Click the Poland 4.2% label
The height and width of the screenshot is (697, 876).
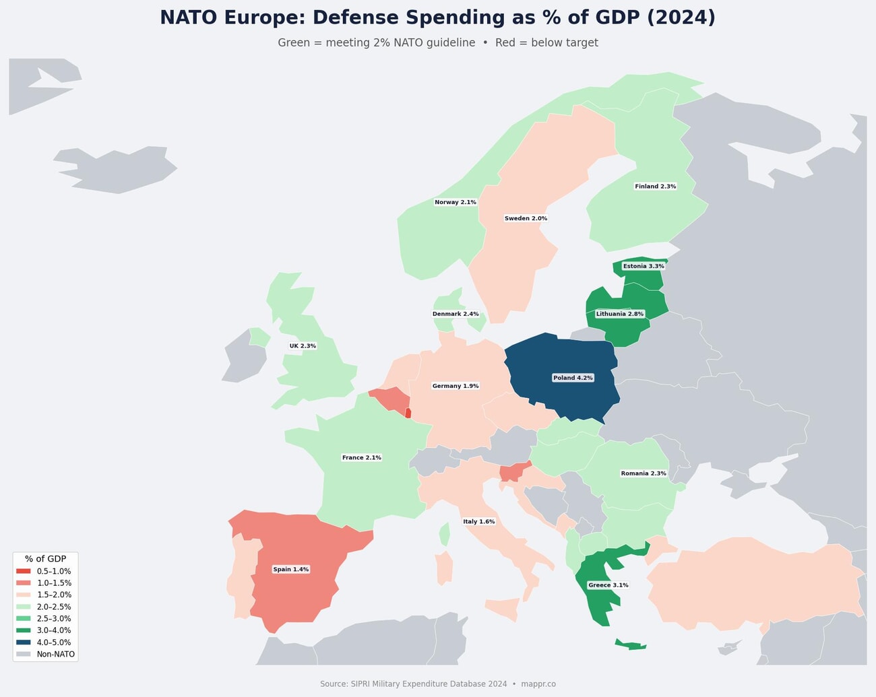(x=573, y=378)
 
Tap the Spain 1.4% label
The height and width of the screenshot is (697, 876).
(x=290, y=570)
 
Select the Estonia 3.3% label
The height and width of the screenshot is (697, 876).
(x=644, y=266)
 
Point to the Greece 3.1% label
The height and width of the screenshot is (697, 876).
(x=608, y=585)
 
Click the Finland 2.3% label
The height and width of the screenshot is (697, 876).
(x=655, y=187)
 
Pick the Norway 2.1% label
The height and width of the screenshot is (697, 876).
(x=456, y=202)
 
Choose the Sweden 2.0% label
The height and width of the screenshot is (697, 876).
(x=526, y=218)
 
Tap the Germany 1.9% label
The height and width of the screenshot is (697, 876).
(x=456, y=386)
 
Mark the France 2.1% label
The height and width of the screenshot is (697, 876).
(x=362, y=458)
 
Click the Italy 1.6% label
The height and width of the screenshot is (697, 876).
(x=479, y=522)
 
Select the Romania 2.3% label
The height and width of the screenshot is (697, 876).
(x=644, y=473)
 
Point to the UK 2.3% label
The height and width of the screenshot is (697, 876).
(x=303, y=346)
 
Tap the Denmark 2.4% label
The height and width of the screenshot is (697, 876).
(x=456, y=314)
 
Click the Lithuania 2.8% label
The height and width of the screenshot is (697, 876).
(x=620, y=314)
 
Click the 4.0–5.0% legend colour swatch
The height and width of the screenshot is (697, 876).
(x=24, y=642)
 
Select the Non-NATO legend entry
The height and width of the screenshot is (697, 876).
(x=55, y=655)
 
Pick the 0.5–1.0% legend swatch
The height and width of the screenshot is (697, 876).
(x=24, y=571)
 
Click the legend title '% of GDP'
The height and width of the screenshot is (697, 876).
(x=45, y=559)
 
